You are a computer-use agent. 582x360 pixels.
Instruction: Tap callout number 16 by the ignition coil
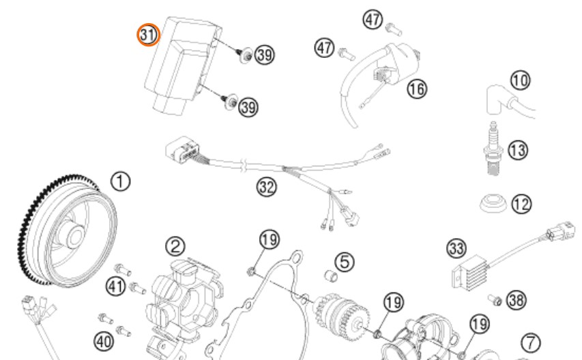click(417, 88)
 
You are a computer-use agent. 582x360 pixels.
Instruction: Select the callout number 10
click(521, 81)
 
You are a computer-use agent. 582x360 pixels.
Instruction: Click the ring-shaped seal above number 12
click(493, 203)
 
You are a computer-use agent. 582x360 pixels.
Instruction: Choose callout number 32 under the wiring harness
click(267, 186)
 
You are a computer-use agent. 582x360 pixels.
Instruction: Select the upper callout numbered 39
click(265, 55)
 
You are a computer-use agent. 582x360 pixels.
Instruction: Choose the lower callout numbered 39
click(249, 106)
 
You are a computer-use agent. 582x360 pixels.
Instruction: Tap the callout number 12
click(521, 203)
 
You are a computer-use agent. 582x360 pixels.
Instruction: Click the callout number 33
click(456, 249)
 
